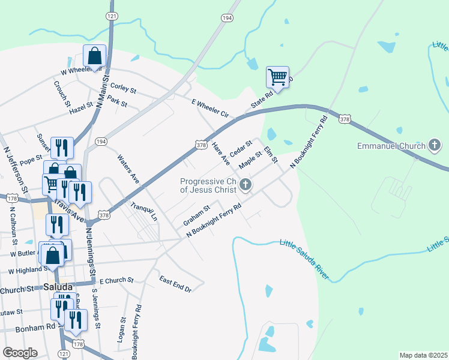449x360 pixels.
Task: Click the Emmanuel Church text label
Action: click(x=390, y=146)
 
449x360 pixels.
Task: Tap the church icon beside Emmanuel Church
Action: click(x=435, y=145)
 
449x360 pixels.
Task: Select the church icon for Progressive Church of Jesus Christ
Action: click(x=245, y=185)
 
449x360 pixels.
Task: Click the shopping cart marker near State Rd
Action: click(x=277, y=77)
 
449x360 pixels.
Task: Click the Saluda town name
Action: click(x=58, y=287)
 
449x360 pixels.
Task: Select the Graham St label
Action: click(x=196, y=215)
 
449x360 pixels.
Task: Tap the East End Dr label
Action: click(x=175, y=284)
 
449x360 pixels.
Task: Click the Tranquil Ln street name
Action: click(x=143, y=211)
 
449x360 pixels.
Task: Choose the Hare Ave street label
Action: click(x=221, y=154)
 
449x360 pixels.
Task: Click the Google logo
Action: click(x=20, y=353)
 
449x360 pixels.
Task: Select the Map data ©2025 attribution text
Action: click(x=423, y=355)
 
